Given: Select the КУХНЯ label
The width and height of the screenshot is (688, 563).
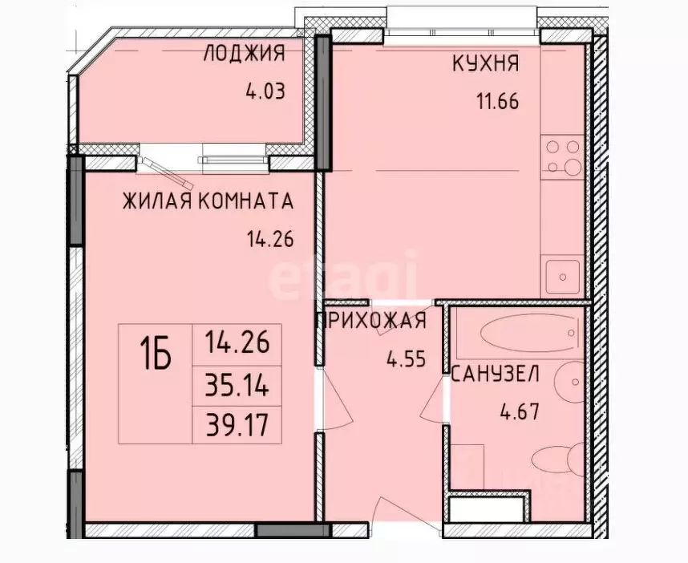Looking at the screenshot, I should click(x=486, y=65).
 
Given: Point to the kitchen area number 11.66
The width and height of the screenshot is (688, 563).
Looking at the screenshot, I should click(x=496, y=102).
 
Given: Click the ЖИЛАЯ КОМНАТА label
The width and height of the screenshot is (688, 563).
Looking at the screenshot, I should click(x=208, y=200).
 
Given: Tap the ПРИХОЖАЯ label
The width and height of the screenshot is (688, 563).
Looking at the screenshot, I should click(x=370, y=322).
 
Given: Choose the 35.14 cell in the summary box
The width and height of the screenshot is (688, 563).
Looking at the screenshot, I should click(x=237, y=390).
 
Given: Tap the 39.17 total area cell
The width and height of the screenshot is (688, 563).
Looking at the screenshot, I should click(x=237, y=425).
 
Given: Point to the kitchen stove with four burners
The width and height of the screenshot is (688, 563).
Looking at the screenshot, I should click(x=562, y=157).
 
